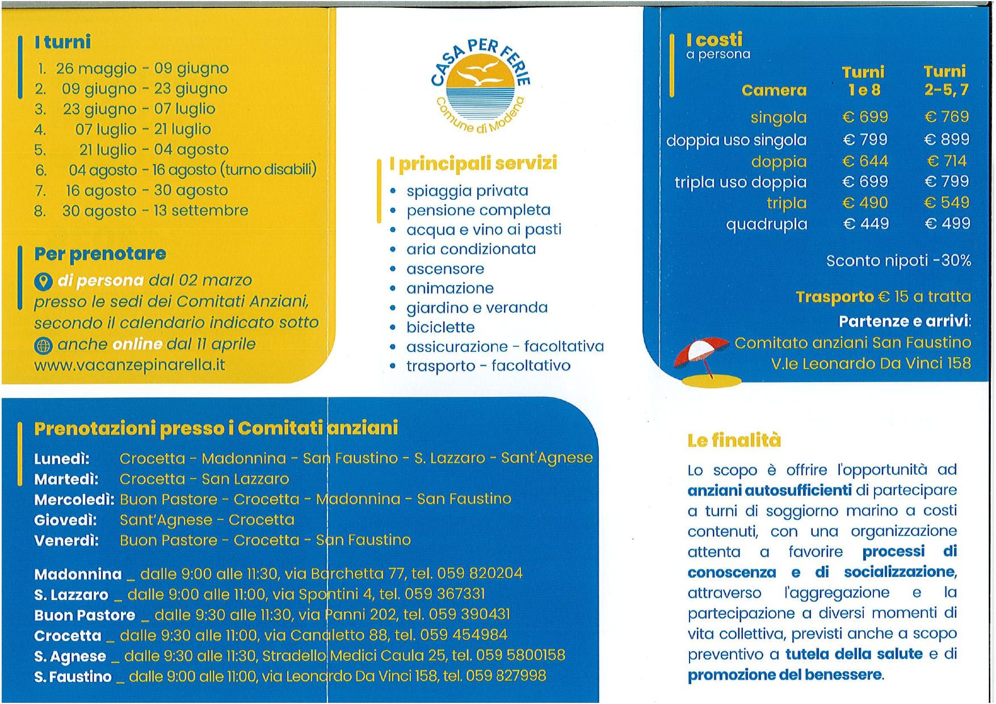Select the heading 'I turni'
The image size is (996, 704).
click(x=62, y=42)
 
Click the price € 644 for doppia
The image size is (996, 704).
click(x=865, y=162)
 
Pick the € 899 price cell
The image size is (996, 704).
click(x=947, y=140)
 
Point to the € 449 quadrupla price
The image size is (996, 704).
click(x=865, y=224)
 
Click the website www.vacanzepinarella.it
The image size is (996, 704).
click(x=129, y=365)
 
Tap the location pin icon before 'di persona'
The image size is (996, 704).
click(x=43, y=281)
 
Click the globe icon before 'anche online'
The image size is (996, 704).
click(x=43, y=345)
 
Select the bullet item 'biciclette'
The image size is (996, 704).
click(x=440, y=328)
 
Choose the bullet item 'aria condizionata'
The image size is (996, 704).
click(x=471, y=249)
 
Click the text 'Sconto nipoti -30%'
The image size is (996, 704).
click(x=898, y=261)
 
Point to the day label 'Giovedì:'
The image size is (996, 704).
click(x=65, y=520)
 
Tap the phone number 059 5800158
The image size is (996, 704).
click(x=520, y=656)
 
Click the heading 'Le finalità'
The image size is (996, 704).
click(x=734, y=441)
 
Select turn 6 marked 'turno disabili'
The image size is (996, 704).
click(x=192, y=170)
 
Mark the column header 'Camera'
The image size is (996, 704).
click(x=774, y=91)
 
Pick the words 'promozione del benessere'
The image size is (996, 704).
click(x=785, y=676)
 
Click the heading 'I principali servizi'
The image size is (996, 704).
click(x=473, y=164)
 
